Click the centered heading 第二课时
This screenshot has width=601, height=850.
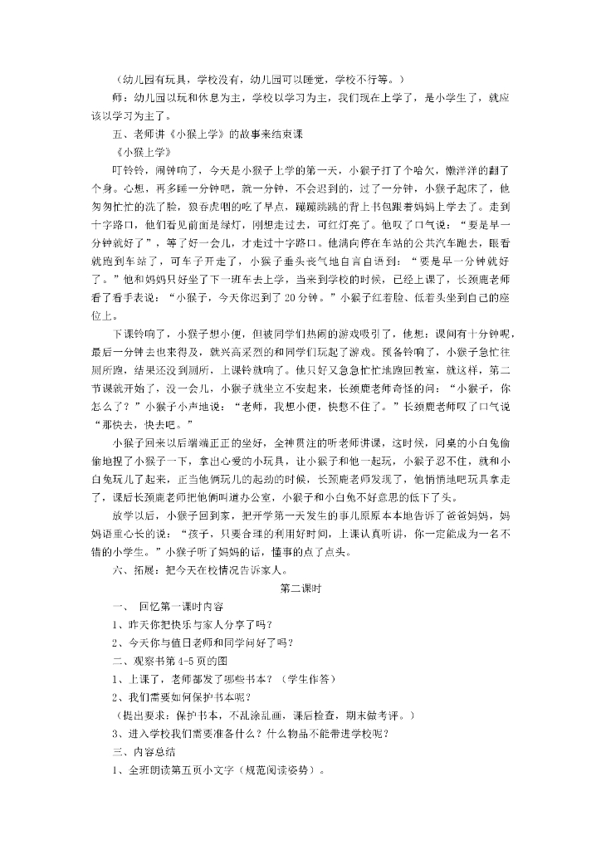point(300,589)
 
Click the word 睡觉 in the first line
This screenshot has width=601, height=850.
point(311,80)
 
